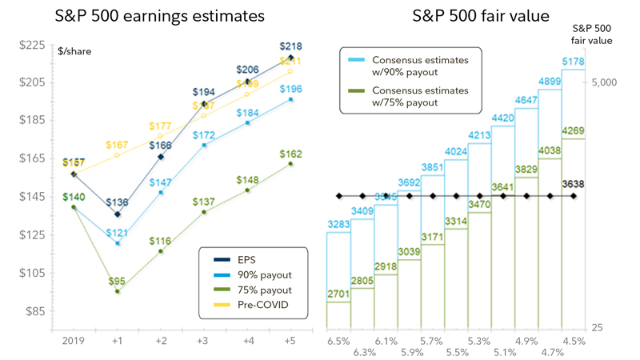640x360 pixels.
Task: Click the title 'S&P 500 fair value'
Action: click(469, 16)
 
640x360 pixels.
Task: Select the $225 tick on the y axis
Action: click(33, 45)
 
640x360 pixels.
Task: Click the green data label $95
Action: click(118, 280)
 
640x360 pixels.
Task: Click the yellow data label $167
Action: click(118, 145)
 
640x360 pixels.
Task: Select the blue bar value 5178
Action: click(572, 61)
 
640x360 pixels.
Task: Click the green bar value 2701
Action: click(339, 294)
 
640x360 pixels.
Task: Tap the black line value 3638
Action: click(573, 183)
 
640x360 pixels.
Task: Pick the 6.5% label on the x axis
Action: click(339, 340)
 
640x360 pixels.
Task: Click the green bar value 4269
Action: click(573, 131)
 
